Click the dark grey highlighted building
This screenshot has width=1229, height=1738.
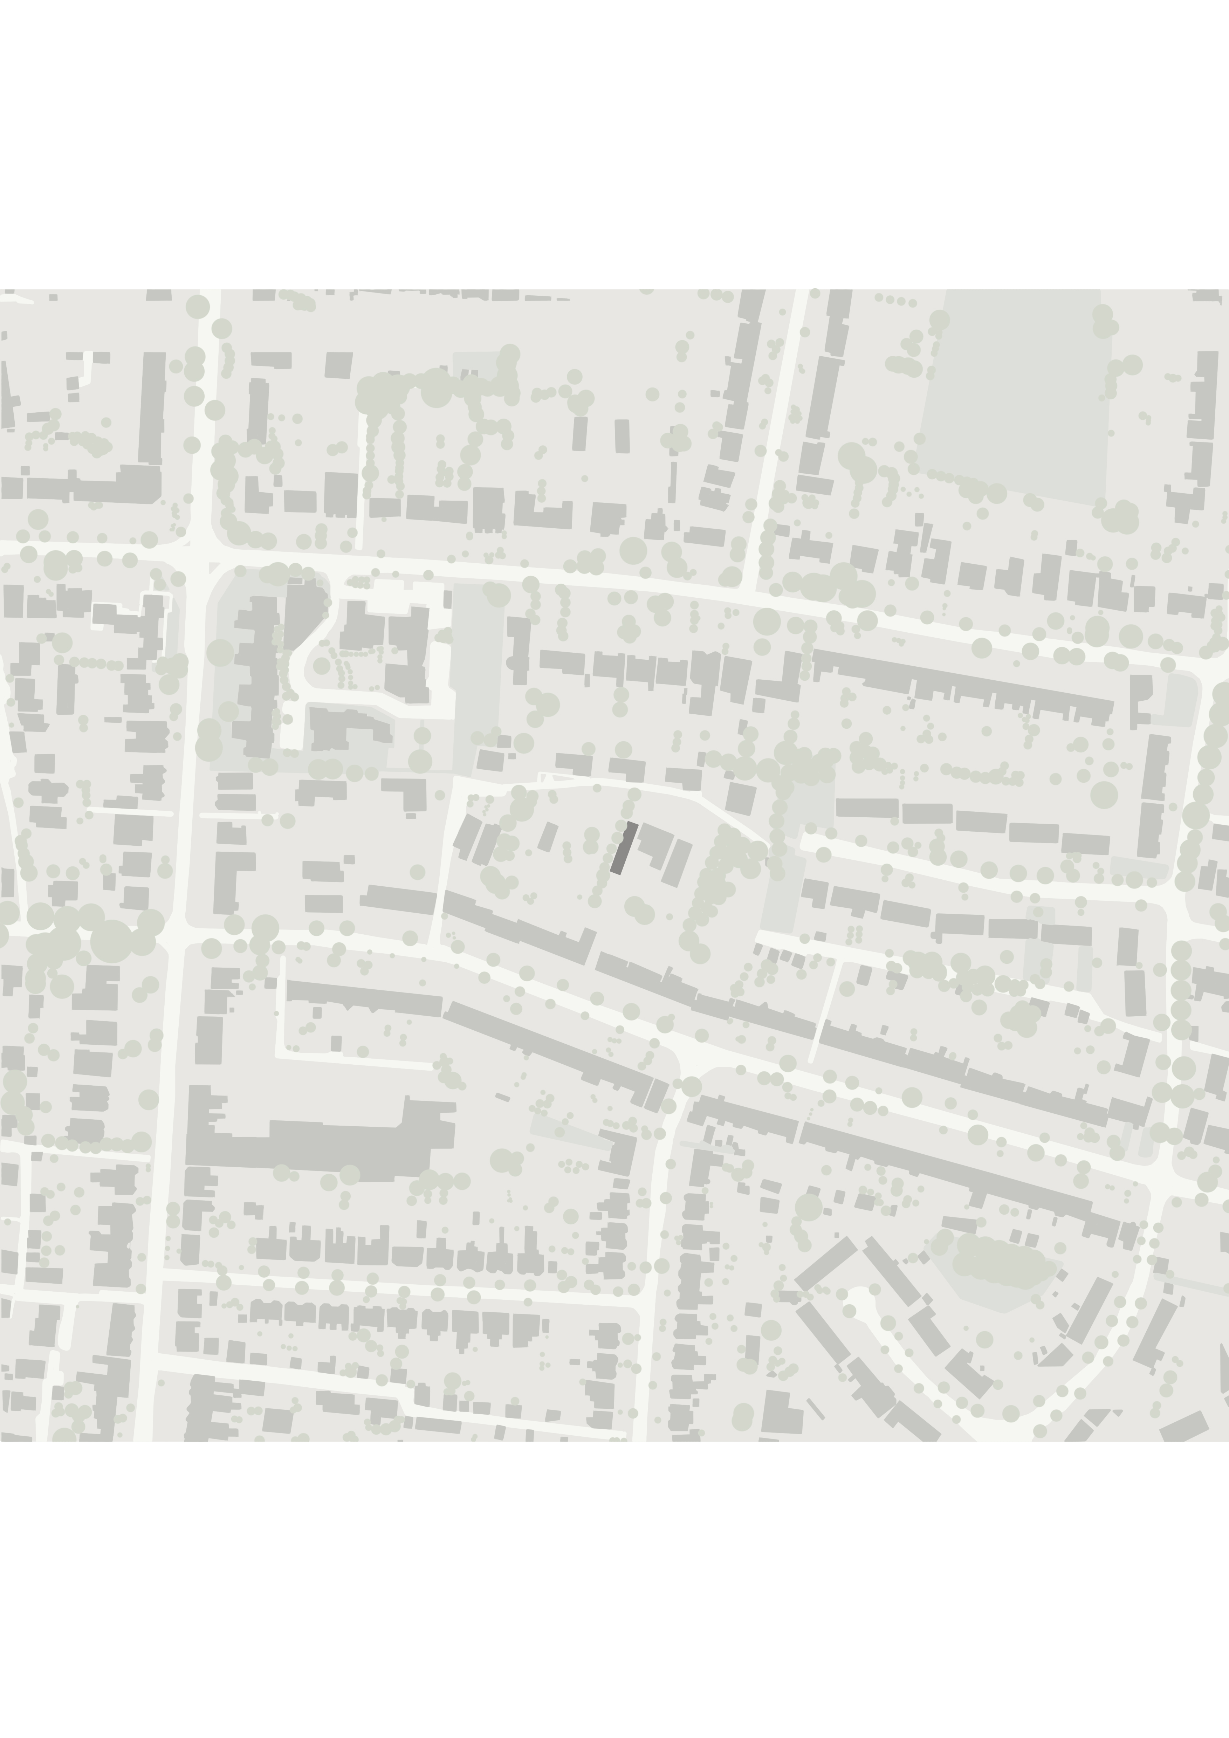click(624, 848)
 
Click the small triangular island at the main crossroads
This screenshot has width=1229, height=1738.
click(214, 568)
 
